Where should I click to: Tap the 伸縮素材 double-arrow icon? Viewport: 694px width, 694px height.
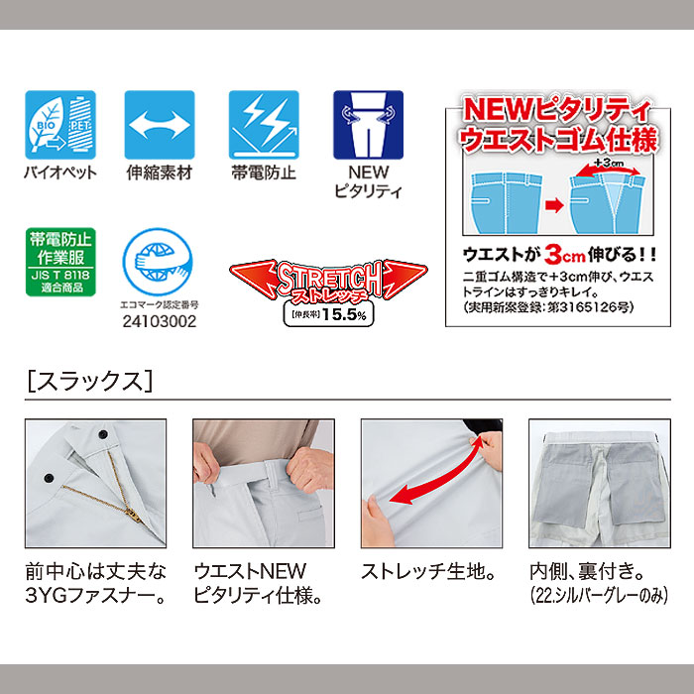[158, 125]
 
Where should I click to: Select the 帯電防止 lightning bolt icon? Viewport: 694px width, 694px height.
[263, 125]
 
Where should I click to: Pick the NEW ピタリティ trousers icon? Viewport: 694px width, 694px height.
[367, 125]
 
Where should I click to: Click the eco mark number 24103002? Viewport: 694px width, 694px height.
[158, 322]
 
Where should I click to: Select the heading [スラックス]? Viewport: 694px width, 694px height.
[89, 380]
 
